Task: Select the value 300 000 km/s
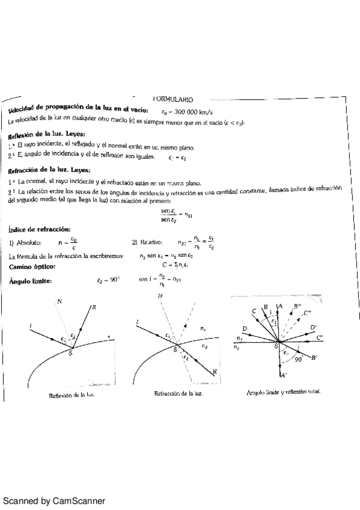pyautogui.click(x=189, y=112)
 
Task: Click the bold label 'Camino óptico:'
pyautogui.click(x=32, y=266)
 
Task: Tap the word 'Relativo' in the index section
pyautogui.click(x=154, y=243)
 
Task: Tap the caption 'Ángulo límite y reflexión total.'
pyautogui.click(x=283, y=392)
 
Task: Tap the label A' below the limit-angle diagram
pyautogui.click(x=283, y=376)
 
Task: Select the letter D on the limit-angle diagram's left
pyautogui.click(x=245, y=328)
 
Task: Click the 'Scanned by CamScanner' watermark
pyautogui.click(x=55, y=500)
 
